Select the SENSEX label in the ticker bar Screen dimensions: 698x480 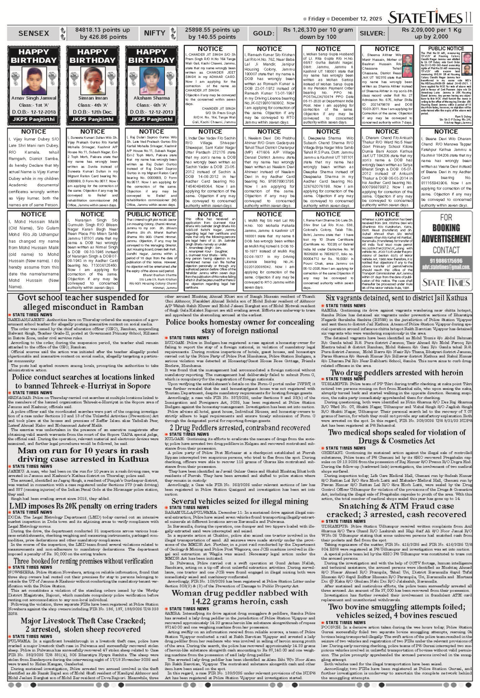pyautogui.click(x=34, y=33)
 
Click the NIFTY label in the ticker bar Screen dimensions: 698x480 pyautogui.click(x=154, y=33)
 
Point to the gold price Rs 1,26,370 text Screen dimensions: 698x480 pyautogui.click(x=318, y=30)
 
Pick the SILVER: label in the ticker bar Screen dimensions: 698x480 pyautogui.click(x=372, y=33)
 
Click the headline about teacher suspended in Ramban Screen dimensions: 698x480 pyautogui.click(x=83, y=302)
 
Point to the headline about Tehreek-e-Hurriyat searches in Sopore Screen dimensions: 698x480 pyautogui.click(x=83, y=381)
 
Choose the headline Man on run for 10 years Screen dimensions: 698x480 pyautogui.click(x=83, y=455)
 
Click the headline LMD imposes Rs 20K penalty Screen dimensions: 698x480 pyautogui.click(x=83, y=506)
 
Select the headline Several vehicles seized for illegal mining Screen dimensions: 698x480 pyautogui.click(x=240, y=501)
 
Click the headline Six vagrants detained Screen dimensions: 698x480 pyautogui.click(x=396, y=298)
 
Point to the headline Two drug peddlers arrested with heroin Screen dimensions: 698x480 pyautogui.click(x=396, y=373)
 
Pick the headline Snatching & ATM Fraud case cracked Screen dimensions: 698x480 pyautogui.click(x=396, y=510)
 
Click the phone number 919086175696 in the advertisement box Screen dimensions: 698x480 pyautogui.click(x=446, y=261)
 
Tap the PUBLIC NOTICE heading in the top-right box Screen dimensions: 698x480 pyautogui.click(x=446, y=49)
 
